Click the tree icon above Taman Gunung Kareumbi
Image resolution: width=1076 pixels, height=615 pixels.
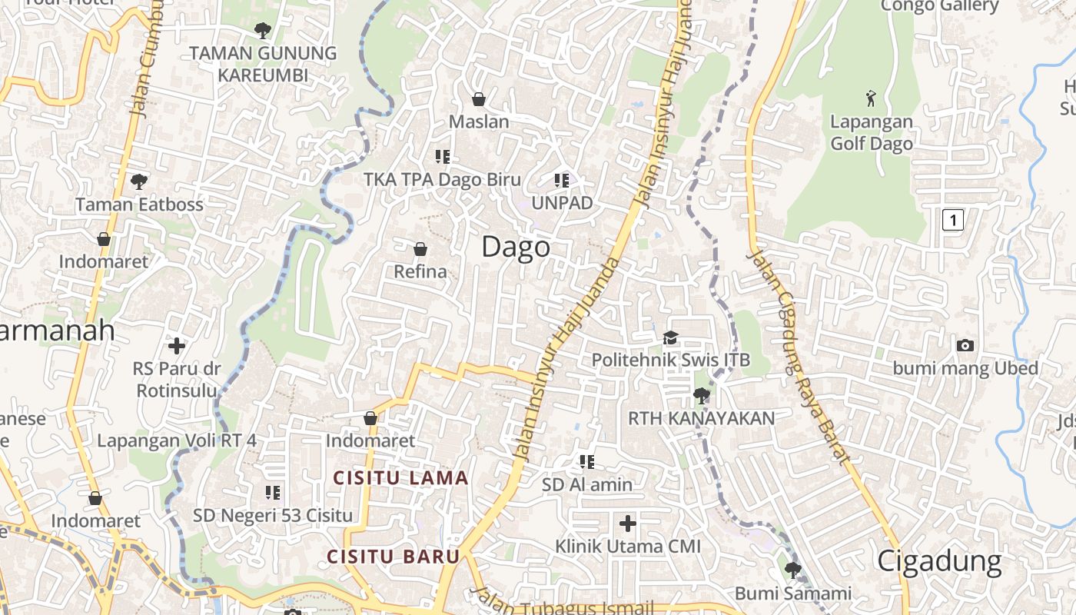click(263, 31)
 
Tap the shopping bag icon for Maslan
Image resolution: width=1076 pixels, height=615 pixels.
click(479, 99)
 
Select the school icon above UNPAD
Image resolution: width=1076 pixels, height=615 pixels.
click(562, 181)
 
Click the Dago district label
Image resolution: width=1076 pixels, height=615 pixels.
click(516, 248)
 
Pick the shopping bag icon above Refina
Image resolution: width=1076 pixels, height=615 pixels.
click(420, 249)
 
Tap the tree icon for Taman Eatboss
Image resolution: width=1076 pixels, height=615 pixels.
click(139, 182)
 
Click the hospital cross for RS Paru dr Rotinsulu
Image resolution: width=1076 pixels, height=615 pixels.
click(177, 346)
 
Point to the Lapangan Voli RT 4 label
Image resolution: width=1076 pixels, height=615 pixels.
click(177, 440)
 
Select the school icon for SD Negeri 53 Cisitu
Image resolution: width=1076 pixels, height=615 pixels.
click(272, 492)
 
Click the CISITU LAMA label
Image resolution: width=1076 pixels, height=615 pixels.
click(400, 478)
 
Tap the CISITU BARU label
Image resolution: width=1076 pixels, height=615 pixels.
click(393, 557)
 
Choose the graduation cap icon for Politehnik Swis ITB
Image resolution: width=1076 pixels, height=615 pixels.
click(671, 338)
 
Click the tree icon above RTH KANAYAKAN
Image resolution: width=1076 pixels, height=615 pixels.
click(701, 396)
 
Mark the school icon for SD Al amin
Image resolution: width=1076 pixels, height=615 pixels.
click(587, 462)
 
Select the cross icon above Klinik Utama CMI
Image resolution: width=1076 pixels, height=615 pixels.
click(628, 524)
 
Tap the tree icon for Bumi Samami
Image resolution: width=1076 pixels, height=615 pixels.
click(792, 570)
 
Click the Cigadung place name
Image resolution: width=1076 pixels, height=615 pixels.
click(939, 562)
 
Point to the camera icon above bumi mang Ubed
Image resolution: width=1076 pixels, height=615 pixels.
click(965, 346)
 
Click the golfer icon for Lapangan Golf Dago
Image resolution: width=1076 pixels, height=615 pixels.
click(871, 98)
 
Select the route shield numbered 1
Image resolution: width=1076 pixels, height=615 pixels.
click(952, 221)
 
